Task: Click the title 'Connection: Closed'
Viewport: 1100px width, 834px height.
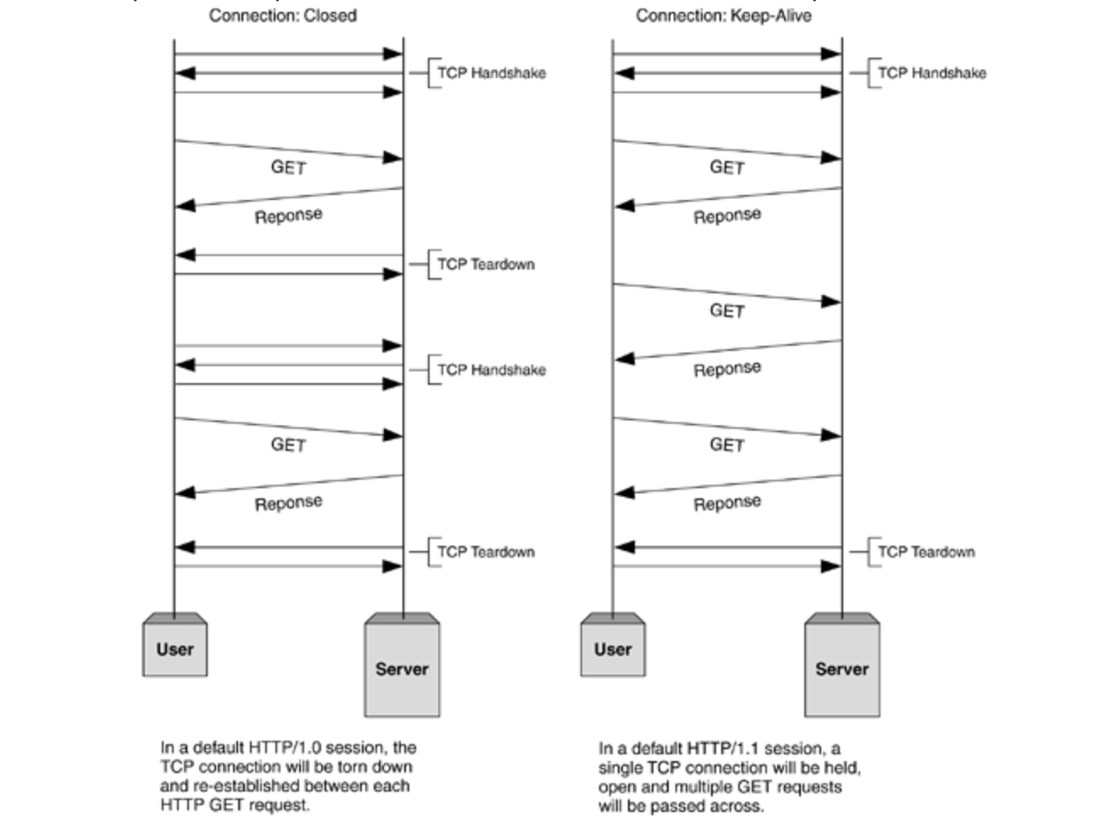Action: (282, 15)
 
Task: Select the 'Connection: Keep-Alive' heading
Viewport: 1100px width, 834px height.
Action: (723, 15)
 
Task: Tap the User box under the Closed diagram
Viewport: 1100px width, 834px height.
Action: (175, 649)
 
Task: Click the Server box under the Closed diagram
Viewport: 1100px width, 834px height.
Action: (402, 669)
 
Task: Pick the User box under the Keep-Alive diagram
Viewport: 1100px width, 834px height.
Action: (613, 649)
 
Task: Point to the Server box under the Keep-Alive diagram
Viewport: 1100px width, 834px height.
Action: (842, 669)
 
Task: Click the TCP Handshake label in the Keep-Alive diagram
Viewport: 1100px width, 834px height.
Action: (931, 73)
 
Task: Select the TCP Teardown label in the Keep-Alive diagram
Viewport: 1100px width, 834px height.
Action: (925, 552)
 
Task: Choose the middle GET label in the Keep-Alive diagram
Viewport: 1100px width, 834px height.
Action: (727, 311)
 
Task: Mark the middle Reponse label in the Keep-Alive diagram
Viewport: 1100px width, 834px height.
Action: (727, 370)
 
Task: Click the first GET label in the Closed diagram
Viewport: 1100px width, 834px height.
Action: (288, 167)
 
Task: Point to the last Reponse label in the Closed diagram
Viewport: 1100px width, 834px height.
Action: (288, 503)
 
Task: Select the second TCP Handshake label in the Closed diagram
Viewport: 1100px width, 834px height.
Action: (491, 370)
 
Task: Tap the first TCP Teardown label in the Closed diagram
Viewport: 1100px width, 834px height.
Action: (486, 264)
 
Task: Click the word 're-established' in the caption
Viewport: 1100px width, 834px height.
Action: (247, 786)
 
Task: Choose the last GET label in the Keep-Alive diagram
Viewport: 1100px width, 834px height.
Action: (727, 445)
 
